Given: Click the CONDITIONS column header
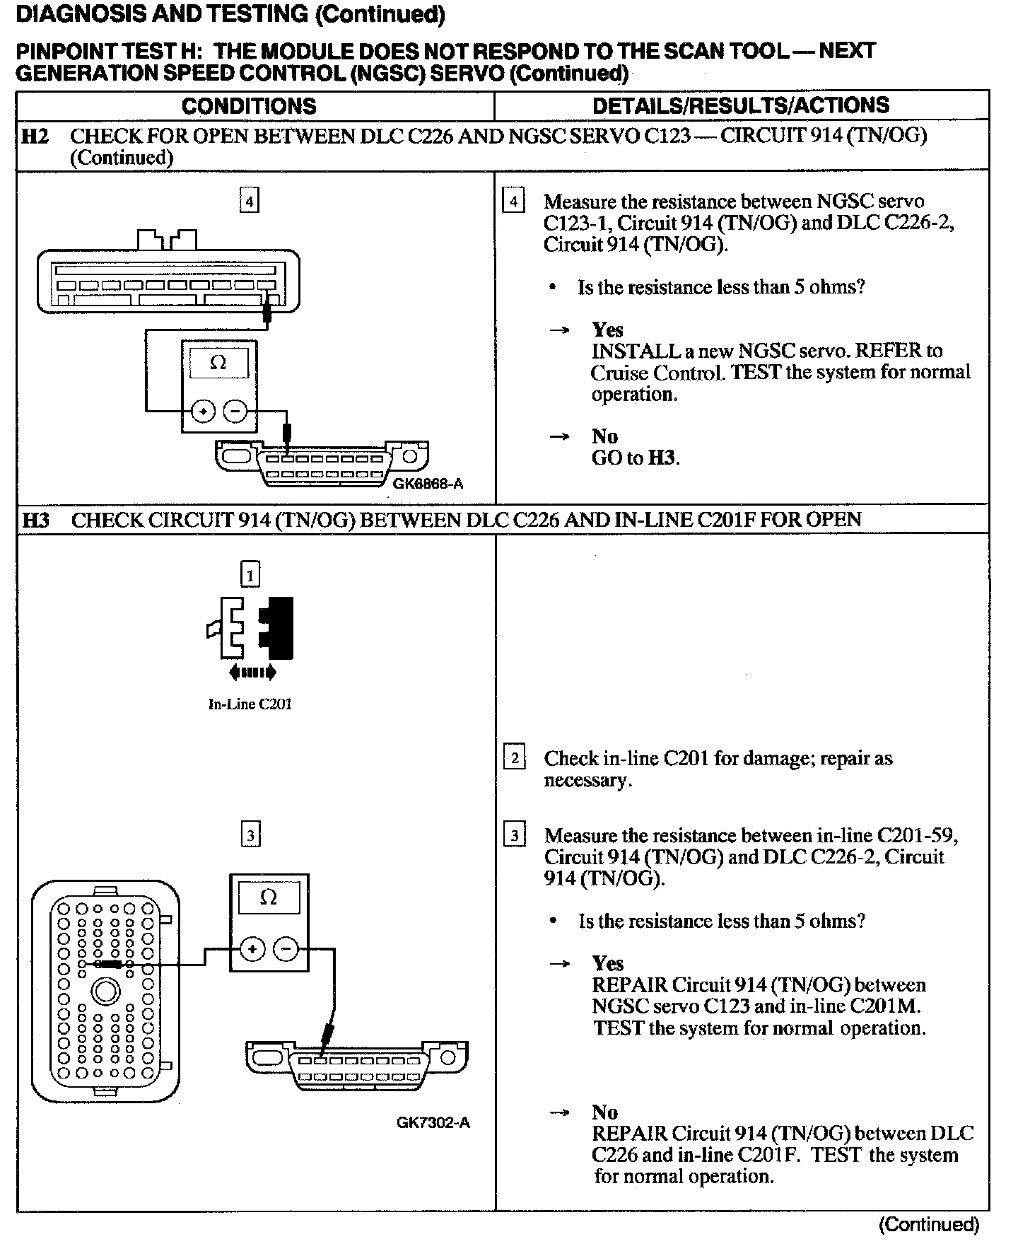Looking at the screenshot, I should pyautogui.click(x=249, y=106).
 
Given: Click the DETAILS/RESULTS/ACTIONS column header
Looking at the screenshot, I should pyautogui.click(x=740, y=105).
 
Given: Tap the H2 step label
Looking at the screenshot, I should pyautogui.click(x=36, y=136).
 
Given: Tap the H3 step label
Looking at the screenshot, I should pyautogui.click(x=36, y=521).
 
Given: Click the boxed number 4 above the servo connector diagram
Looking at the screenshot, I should pyautogui.click(x=249, y=202).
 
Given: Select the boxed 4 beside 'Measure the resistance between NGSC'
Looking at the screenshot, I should pyautogui.click(x=513, y=202).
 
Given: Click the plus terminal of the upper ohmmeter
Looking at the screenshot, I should pyautogui.click(x=204, y=411).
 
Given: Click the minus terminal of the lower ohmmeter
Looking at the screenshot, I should pyautogui.click(x=286, y=949).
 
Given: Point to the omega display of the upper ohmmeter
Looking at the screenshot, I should pyautogui.click(x=218, y=364).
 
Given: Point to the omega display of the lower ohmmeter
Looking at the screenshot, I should pyautogui.click(x=269, y=897).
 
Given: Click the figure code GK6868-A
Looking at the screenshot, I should pyautogui.click(x=428, y=484).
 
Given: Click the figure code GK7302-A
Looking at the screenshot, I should pyautogui.click(x=433, y=1122).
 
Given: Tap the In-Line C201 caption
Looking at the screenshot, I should pyautogui.click(x=250, y=704).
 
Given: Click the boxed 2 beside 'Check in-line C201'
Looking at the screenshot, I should pyautogui.click(x=514, y=759).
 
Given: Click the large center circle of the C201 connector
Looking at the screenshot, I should pyautogui.click(x=105, y=992).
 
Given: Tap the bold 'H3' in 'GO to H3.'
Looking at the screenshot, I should pyautogui.click(x=662, y=458).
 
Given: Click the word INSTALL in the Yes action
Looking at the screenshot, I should pyautogui.click(x=626, y=351).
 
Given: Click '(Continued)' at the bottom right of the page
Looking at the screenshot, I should pyautogui.click(x=928, y=1225).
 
